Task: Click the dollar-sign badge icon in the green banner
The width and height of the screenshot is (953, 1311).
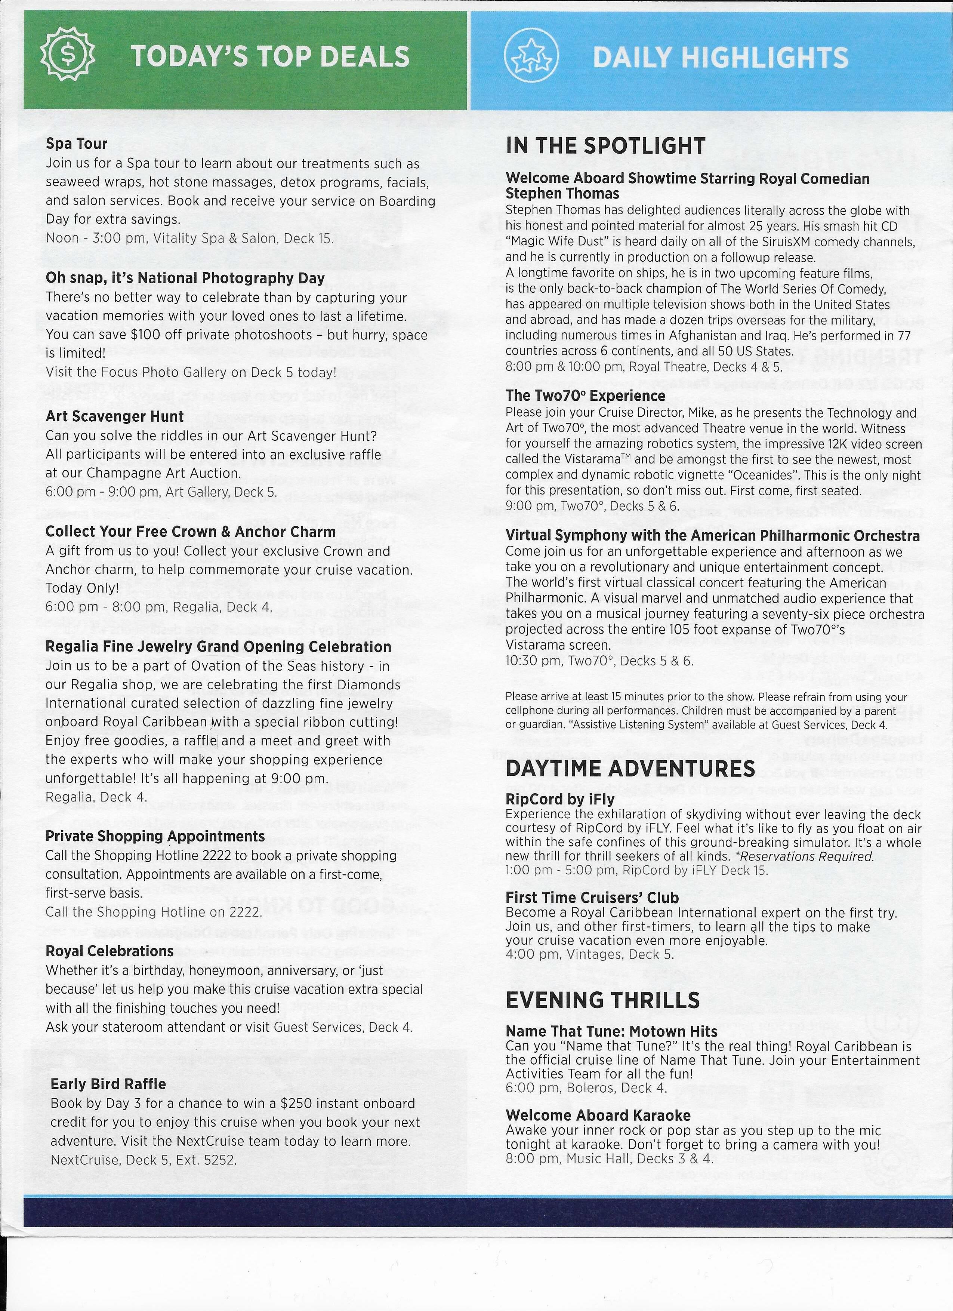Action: point(68,55)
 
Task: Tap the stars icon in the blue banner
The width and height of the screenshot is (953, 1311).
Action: point(531,55)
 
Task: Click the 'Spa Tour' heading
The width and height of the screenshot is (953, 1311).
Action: point(76,143)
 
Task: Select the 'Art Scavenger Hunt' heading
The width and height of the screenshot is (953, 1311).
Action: point(114,416)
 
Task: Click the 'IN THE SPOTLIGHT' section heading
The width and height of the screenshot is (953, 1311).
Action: point(605,146)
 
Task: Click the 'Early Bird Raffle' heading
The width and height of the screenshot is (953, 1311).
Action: point(108,1084)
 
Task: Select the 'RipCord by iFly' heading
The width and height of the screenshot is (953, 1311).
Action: point(559,800)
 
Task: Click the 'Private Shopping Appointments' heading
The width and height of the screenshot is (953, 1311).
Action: point(155,836)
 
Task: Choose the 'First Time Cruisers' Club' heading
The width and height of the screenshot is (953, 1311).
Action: point(592,897)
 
